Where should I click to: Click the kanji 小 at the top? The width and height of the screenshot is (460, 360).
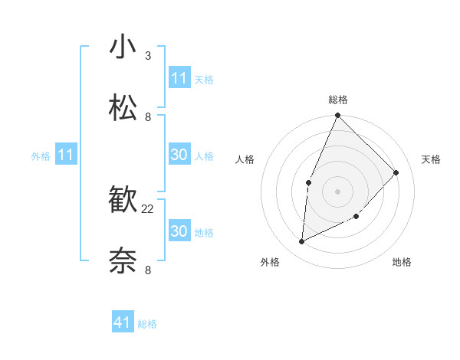(x=123, y=47)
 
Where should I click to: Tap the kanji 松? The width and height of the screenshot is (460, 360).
(x=123, y=109)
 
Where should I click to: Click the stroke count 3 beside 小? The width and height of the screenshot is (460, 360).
(x=148, y=56)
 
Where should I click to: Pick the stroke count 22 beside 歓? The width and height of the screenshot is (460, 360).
(x=148, y=209)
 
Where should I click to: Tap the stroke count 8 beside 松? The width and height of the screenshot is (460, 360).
(x=148, y=117)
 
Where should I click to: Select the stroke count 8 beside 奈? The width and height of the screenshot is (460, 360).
(x=148, y=270)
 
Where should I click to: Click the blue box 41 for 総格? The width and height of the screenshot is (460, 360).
(x=123, y=322)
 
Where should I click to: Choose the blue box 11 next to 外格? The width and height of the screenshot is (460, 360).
(x=66, y=155)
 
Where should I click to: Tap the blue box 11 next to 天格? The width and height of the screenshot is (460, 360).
(x=179, y=78)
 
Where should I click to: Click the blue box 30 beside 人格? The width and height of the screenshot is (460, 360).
(x=179, y=155)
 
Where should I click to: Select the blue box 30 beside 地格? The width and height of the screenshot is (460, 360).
(x=179, y=231)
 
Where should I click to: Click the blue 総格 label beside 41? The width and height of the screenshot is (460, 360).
(x=147, y=324)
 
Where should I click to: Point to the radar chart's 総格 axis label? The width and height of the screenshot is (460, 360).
(x=337, y=100)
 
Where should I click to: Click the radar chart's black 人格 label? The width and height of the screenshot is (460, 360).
(x=245, y=159)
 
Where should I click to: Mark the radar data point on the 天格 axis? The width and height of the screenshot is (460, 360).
(x=396, y=172)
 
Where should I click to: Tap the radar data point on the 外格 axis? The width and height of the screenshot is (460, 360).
(x=301, y=242)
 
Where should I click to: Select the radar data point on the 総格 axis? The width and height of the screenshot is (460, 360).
(x=337, y=116)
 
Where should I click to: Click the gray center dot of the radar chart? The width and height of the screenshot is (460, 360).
(x=337, y=191)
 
